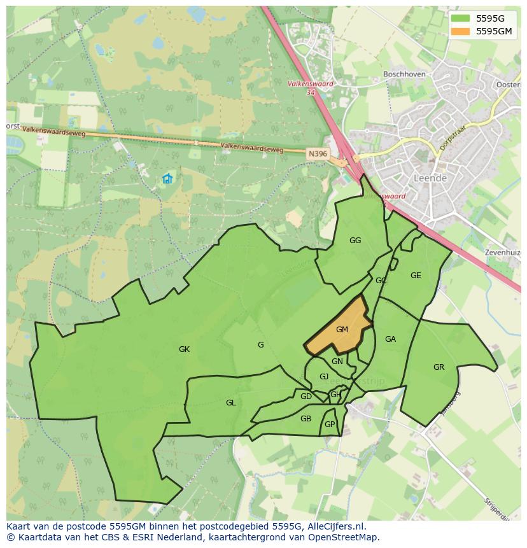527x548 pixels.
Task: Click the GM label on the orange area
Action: tap(342, 329)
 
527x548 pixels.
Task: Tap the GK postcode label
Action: tap(184, 349)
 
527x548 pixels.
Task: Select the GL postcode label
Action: tap(231, 402)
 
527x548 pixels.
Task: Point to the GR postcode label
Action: tap(439, 367)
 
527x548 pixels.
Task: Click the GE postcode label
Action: tap(416, 276)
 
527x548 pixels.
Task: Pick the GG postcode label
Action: tap(355, 240)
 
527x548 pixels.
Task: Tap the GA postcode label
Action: tap(390, 339)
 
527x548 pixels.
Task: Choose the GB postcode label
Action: tap(306, 418)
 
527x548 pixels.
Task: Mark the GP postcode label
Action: tap(330, 425)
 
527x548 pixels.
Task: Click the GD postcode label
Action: tap(306, 397)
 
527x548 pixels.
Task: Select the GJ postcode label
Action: tap(324, 376)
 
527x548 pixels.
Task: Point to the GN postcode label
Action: tap(337, 361)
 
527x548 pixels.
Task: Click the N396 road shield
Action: tap(317, 153)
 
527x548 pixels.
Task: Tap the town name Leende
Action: tap(430, 178)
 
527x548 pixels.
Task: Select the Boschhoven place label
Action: tap(404, 74)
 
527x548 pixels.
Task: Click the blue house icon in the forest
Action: tap(167, 179)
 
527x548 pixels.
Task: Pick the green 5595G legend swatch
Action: tap(460, 18)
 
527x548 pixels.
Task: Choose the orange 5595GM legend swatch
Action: tap(460, 31)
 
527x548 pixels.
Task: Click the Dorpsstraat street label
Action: tap(452, 138)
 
